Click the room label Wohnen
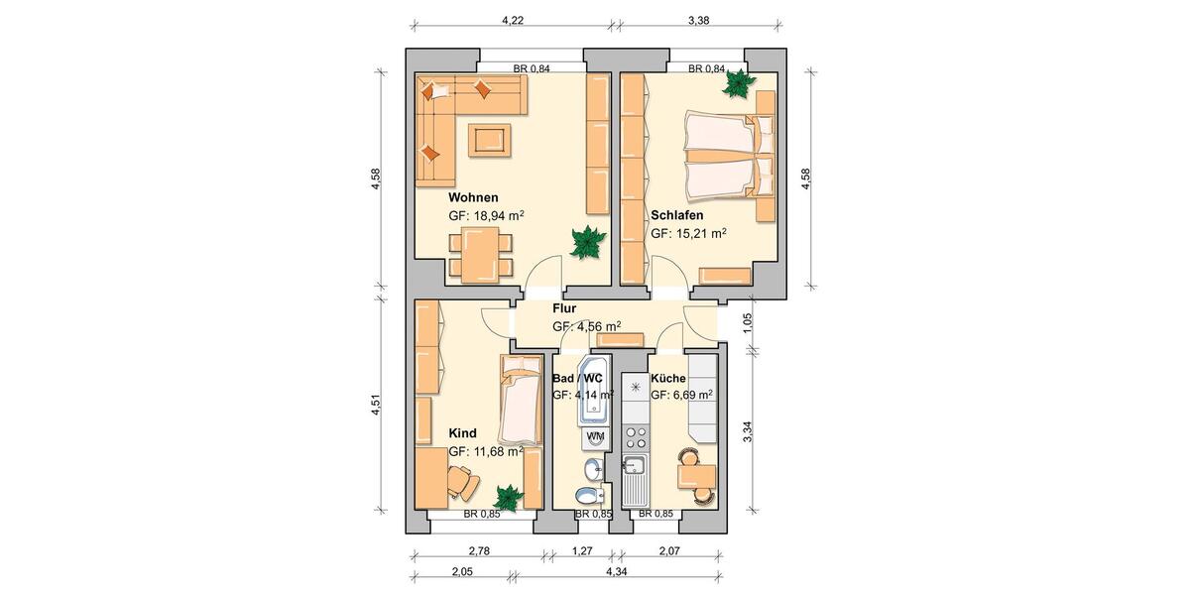tap(473, 197)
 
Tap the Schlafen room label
tap(677, 215)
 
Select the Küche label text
tap(668, 378)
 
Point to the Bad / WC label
tap(577, 378)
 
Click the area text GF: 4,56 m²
tap(587, 325)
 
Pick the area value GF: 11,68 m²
tap(486, 451)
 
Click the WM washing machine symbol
tap(596, 436)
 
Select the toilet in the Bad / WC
tap(588, 495)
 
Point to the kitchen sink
tap(635, 466)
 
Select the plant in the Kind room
tap(509, 496)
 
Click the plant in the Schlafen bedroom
tap(738, 85)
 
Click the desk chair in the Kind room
tap(462, 484)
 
